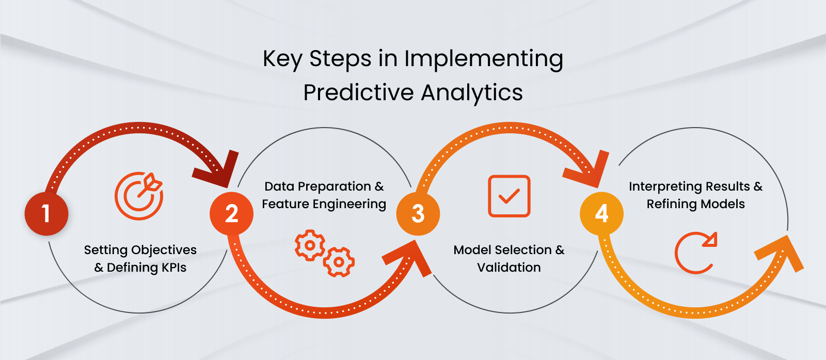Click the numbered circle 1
(46, 214)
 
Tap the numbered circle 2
(231, 214)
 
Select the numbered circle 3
(418, 214)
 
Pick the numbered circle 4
(601, 214)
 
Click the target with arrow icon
(139, 196)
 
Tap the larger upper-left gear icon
(310, 245)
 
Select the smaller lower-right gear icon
(339, 262)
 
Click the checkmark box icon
(509, 196)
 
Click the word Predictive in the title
(358, 93)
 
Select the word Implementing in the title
(483, 59)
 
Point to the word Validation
(509, 268)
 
